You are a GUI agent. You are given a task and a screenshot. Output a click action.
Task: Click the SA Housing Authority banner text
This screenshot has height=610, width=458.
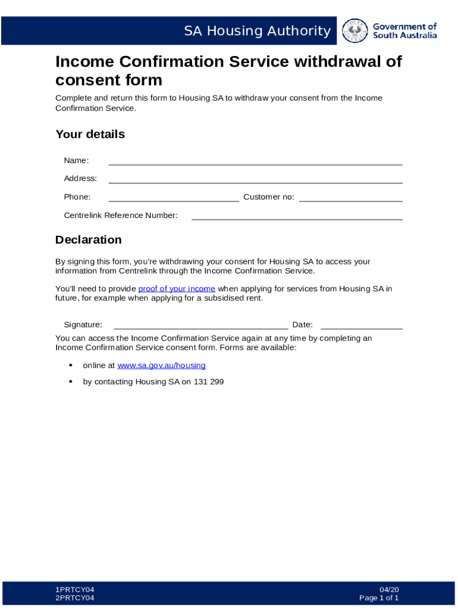tap(257, 31)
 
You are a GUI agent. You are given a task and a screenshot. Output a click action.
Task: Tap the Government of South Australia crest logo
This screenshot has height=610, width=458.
tap(356, 30)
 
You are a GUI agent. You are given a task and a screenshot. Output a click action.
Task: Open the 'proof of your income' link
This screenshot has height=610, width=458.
tap(177, 289)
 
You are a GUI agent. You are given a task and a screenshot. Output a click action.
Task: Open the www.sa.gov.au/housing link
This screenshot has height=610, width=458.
tap(161, 365)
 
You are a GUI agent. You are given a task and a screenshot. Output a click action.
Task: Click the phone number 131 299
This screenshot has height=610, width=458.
tap(208, 382)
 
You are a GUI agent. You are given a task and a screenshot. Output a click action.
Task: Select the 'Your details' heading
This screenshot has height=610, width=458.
tap(90, 134)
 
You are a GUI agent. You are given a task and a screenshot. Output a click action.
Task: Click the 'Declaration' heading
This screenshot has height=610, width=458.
tap(88, 239)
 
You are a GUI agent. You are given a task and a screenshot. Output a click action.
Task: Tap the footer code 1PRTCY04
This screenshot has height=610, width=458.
tap(75, 590)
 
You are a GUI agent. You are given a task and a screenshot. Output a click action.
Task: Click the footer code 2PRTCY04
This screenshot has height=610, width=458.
tap(75, 598)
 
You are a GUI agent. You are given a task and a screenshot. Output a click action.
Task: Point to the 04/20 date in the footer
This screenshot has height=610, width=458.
tap(389, 590)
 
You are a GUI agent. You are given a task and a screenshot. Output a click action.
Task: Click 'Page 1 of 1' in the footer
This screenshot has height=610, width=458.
tap(379, 598)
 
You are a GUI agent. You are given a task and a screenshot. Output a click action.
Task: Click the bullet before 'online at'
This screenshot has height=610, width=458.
tap(71, 365)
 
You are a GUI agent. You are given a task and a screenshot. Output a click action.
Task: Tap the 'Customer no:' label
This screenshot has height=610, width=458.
tap(268, 197)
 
